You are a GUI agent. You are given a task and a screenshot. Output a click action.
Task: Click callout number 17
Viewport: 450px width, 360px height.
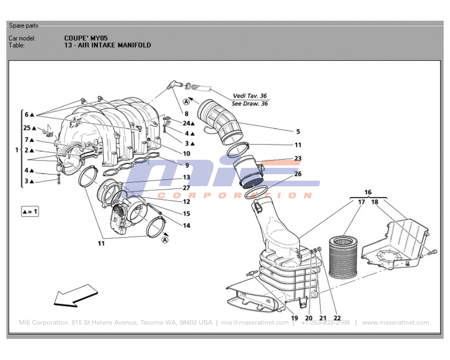click(x=361, y=202)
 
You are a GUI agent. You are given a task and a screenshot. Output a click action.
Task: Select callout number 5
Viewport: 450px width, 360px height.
click(x=298, y=132)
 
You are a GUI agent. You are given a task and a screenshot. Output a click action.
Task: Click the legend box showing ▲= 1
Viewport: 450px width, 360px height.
click(x=30, y=211)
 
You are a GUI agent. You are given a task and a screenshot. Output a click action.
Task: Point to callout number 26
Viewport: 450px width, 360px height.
click(x=298, y=174)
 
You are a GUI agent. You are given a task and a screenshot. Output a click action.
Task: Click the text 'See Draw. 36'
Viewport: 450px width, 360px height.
click(x=250, y=103)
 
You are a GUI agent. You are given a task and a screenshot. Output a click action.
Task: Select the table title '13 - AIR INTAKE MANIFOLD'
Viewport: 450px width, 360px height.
click(x=108, y=45)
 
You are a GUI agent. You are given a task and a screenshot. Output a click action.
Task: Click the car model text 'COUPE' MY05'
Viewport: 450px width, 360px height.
click(x=86, y=38)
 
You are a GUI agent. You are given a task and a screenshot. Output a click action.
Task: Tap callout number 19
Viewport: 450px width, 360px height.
click(x=294, y=318)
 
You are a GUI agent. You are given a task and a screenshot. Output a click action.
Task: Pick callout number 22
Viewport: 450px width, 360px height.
click(x=337, y=318)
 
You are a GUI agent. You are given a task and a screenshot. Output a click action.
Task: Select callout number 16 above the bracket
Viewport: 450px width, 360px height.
click(x=368, y=192)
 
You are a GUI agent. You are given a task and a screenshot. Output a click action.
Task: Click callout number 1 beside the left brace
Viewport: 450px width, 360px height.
click(x=17, y=150)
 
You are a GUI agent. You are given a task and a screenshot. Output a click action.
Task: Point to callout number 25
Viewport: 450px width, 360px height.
click(x=27, y=128)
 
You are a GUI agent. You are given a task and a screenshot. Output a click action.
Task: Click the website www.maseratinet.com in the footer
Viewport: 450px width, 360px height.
click(x=395, y=323)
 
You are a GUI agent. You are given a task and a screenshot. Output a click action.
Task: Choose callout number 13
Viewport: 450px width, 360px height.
click(x=186, y=178)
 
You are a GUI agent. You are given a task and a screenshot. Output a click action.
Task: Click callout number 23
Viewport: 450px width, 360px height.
click(x=298, y=158)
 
